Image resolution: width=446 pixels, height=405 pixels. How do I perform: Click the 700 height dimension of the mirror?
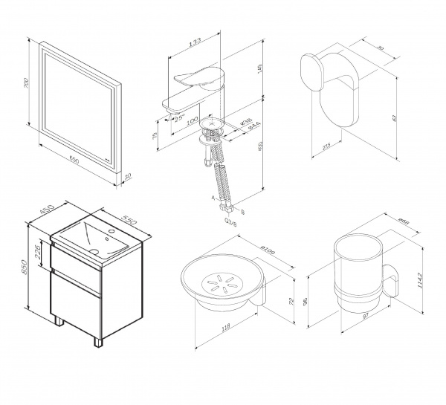pos(28,88)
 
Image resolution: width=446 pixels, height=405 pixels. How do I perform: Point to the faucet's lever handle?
pos(196,75)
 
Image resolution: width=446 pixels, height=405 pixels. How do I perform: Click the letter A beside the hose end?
pos(213,198)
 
